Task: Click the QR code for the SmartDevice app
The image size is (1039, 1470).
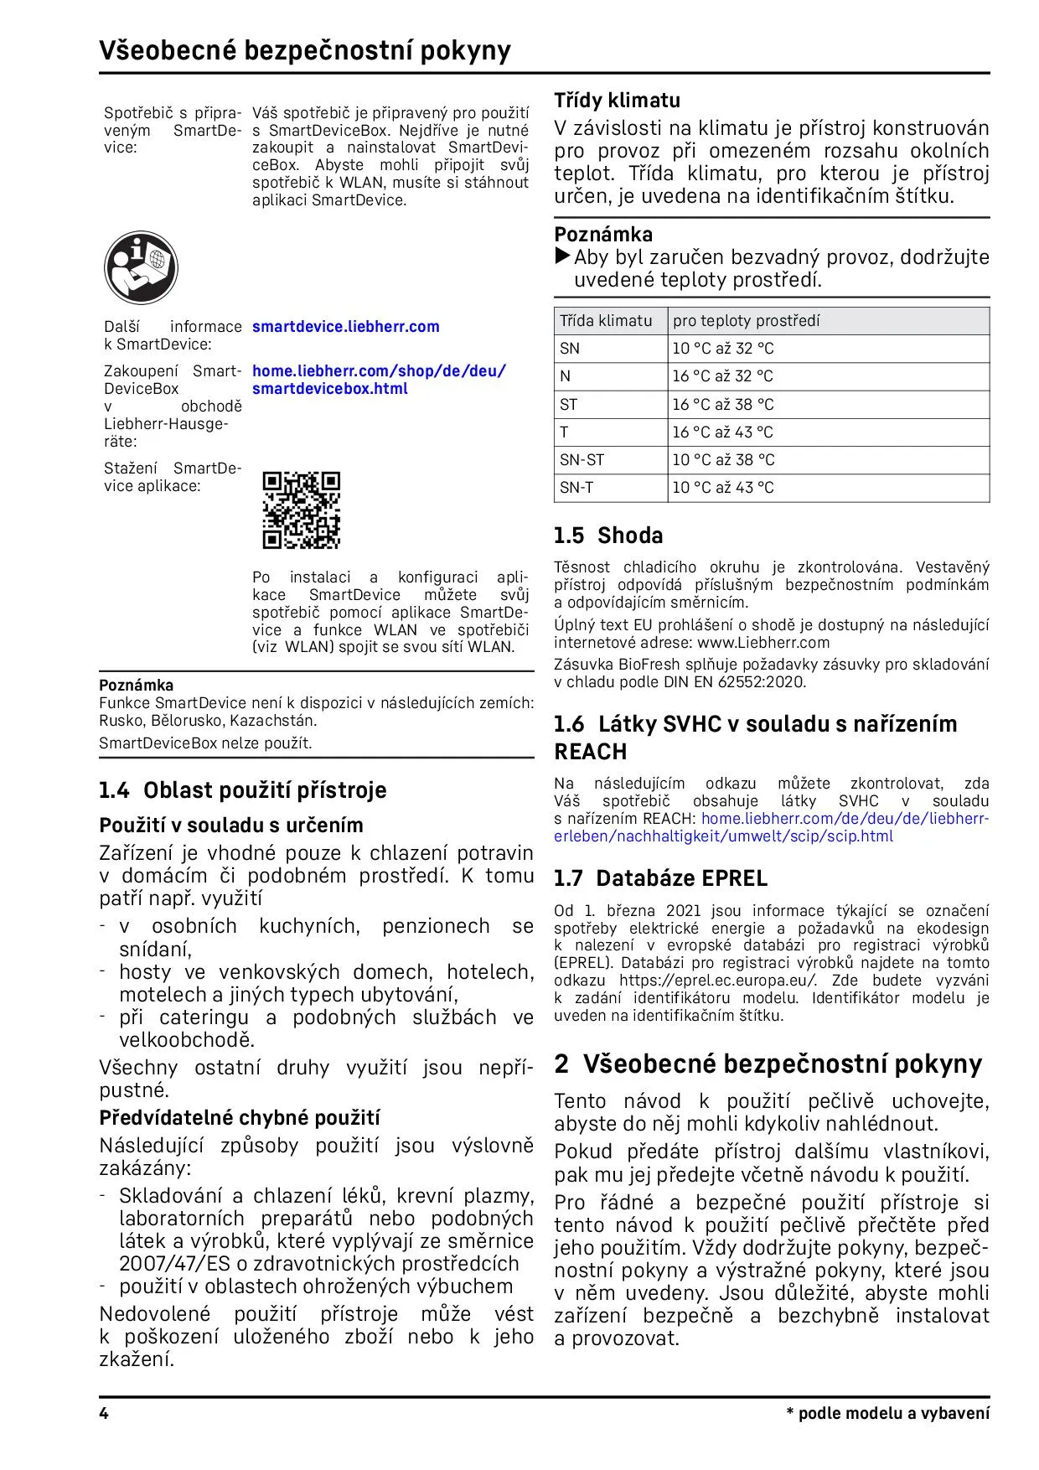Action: tap(301, 510)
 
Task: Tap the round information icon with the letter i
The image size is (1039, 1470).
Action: tap(141, 267)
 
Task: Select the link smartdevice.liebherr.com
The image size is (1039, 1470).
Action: tap(345, 327)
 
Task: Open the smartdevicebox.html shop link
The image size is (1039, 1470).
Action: tap(329, 389)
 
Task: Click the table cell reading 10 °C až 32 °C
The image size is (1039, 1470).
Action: tap(722, 349)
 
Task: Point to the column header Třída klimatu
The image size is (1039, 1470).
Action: tap(605, 321)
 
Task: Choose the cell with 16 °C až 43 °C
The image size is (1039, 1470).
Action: tap(722, 432)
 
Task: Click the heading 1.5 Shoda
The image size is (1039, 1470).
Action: tap(607, 536)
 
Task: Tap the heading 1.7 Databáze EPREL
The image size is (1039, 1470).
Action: tap(660, 878)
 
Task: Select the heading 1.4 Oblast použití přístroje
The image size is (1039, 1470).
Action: tap(242, 790)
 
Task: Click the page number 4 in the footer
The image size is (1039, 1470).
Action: tap(104, 1414)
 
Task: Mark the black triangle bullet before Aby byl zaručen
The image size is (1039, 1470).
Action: tap(563, 256)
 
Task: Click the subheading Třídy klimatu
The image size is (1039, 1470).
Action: tap(617, 101)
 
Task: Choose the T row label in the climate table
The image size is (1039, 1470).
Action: tap(565, 432)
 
